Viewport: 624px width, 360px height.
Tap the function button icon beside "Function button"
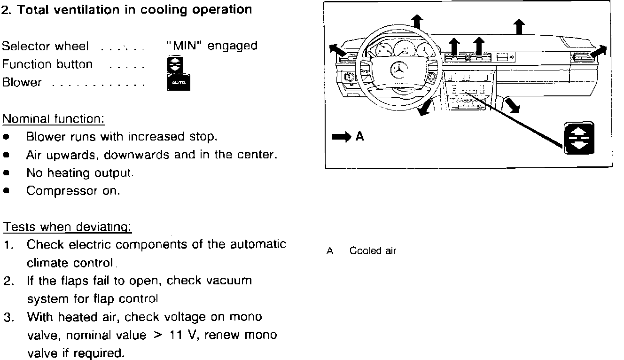(x=175, y=64)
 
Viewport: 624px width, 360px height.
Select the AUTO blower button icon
(x=179, y=83)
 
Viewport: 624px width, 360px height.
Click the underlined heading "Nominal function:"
(x=53, y=118)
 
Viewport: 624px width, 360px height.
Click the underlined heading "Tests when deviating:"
(x=67, y=227)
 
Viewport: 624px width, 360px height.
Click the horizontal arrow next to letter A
(x=341, y=137)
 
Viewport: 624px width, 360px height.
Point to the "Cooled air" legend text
(x=373, y=251)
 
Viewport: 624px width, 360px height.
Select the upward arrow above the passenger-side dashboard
(x=518, y=26)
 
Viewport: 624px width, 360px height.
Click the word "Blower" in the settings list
(x=22, y=83)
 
